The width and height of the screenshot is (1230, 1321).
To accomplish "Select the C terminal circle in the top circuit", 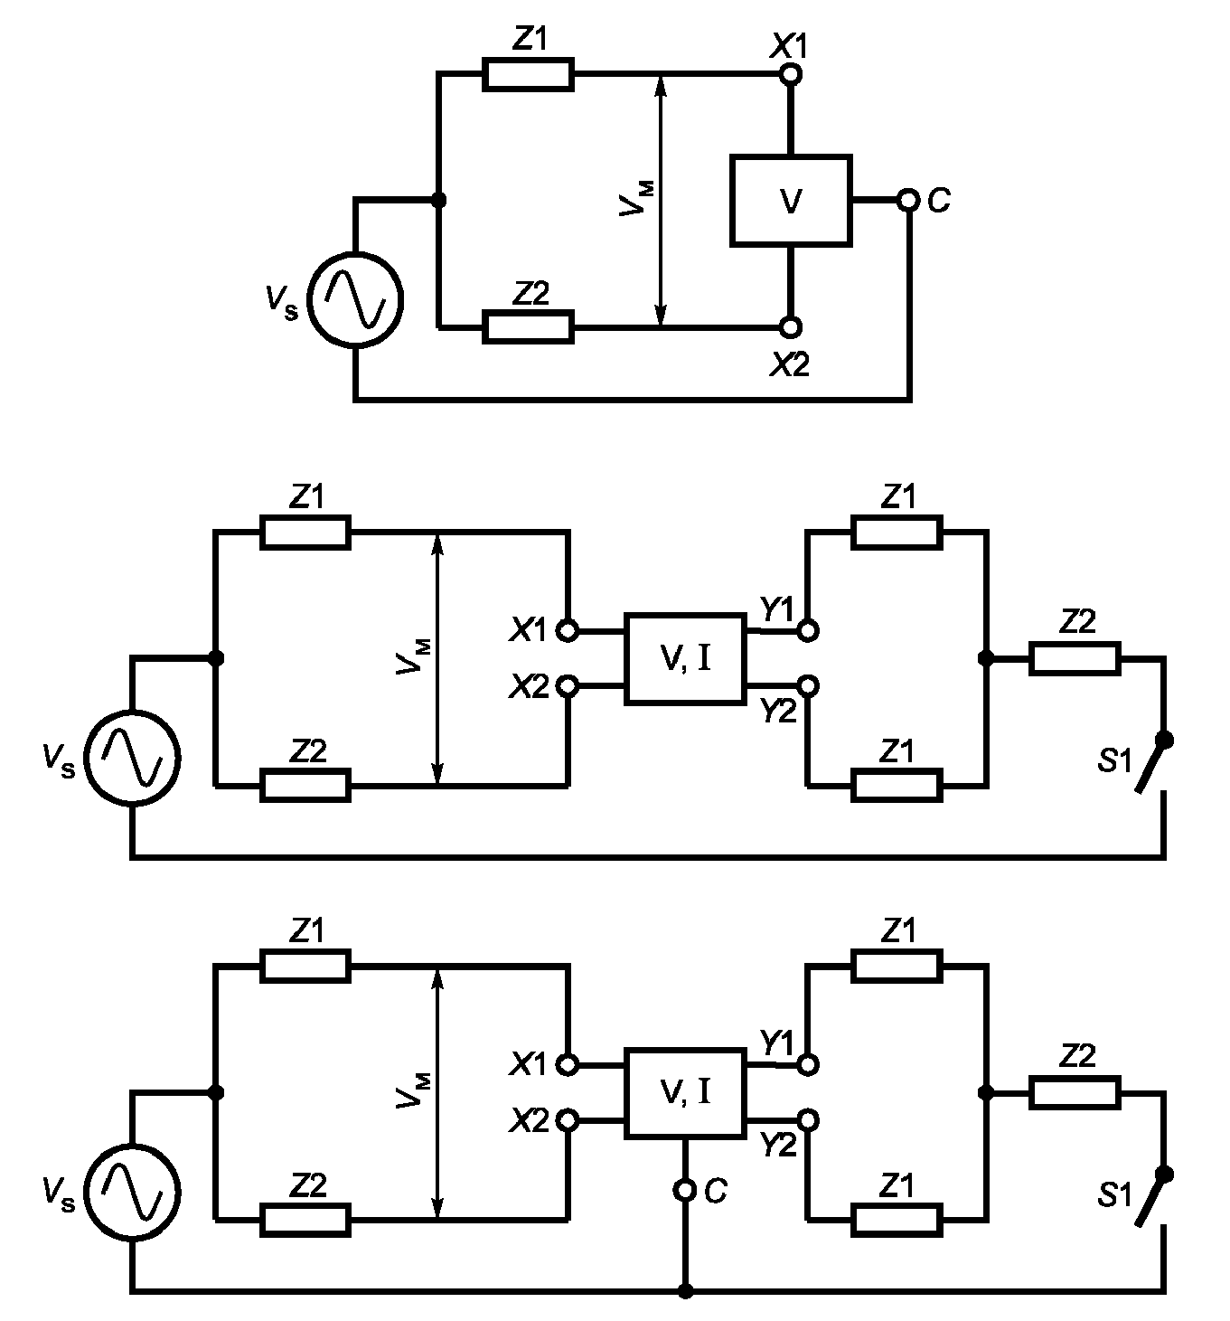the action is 908,200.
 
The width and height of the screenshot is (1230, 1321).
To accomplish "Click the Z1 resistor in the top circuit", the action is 528,74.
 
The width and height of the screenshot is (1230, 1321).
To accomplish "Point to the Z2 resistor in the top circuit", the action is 528,326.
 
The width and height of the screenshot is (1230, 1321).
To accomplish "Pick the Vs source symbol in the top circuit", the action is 356,299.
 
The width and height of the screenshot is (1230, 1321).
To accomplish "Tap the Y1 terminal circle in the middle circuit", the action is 808,630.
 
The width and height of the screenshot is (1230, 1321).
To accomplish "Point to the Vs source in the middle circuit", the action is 133,759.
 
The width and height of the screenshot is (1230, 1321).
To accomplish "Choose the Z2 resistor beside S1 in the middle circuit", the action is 1075,658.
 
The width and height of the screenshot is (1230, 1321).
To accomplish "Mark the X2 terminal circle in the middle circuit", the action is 568,685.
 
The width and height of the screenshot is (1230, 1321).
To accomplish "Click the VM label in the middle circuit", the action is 414,657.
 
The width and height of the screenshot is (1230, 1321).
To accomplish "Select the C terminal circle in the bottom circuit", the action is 685,1189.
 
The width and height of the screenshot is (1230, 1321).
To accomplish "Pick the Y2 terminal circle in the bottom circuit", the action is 808,1120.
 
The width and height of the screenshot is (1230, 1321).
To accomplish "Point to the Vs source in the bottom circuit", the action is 133,1192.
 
